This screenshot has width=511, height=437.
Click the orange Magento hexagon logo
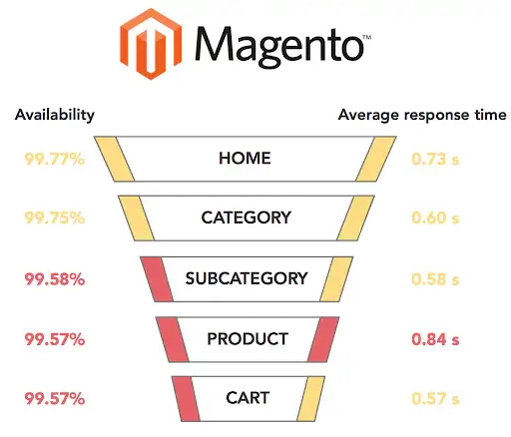(x=151, y=44)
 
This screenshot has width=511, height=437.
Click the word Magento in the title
(x=278, y=47)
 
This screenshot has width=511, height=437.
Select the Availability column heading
(x=55, y=116)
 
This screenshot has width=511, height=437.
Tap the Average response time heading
(x=422, y=115)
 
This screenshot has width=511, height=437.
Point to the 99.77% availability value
(x=55, y=159)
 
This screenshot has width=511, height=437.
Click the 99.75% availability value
(x=55, y=218)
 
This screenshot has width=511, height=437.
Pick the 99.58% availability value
(x=55, y=278)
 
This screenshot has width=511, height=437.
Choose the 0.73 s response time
(x=435, y=159)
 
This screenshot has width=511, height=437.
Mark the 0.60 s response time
(x=435, y=218)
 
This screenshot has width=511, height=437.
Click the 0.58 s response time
(x=435, y=279)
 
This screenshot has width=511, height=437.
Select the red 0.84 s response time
(x=435, y=339)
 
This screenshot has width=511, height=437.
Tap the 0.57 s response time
(x=435, y=398)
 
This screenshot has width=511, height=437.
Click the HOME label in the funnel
(x=245, y=159)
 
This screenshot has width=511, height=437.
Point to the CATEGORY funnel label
(x=247, y=218)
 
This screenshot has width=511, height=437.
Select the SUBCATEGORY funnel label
(x=247, y=278)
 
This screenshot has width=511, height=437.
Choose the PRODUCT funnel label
(x=248, y=339)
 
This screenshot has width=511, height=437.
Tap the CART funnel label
(x=248, y=398)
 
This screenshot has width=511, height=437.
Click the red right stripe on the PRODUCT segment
(x=323, y=339)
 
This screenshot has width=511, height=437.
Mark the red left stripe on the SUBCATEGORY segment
(x=157, y=279)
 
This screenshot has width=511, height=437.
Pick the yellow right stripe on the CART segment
(x=310, y=399)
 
